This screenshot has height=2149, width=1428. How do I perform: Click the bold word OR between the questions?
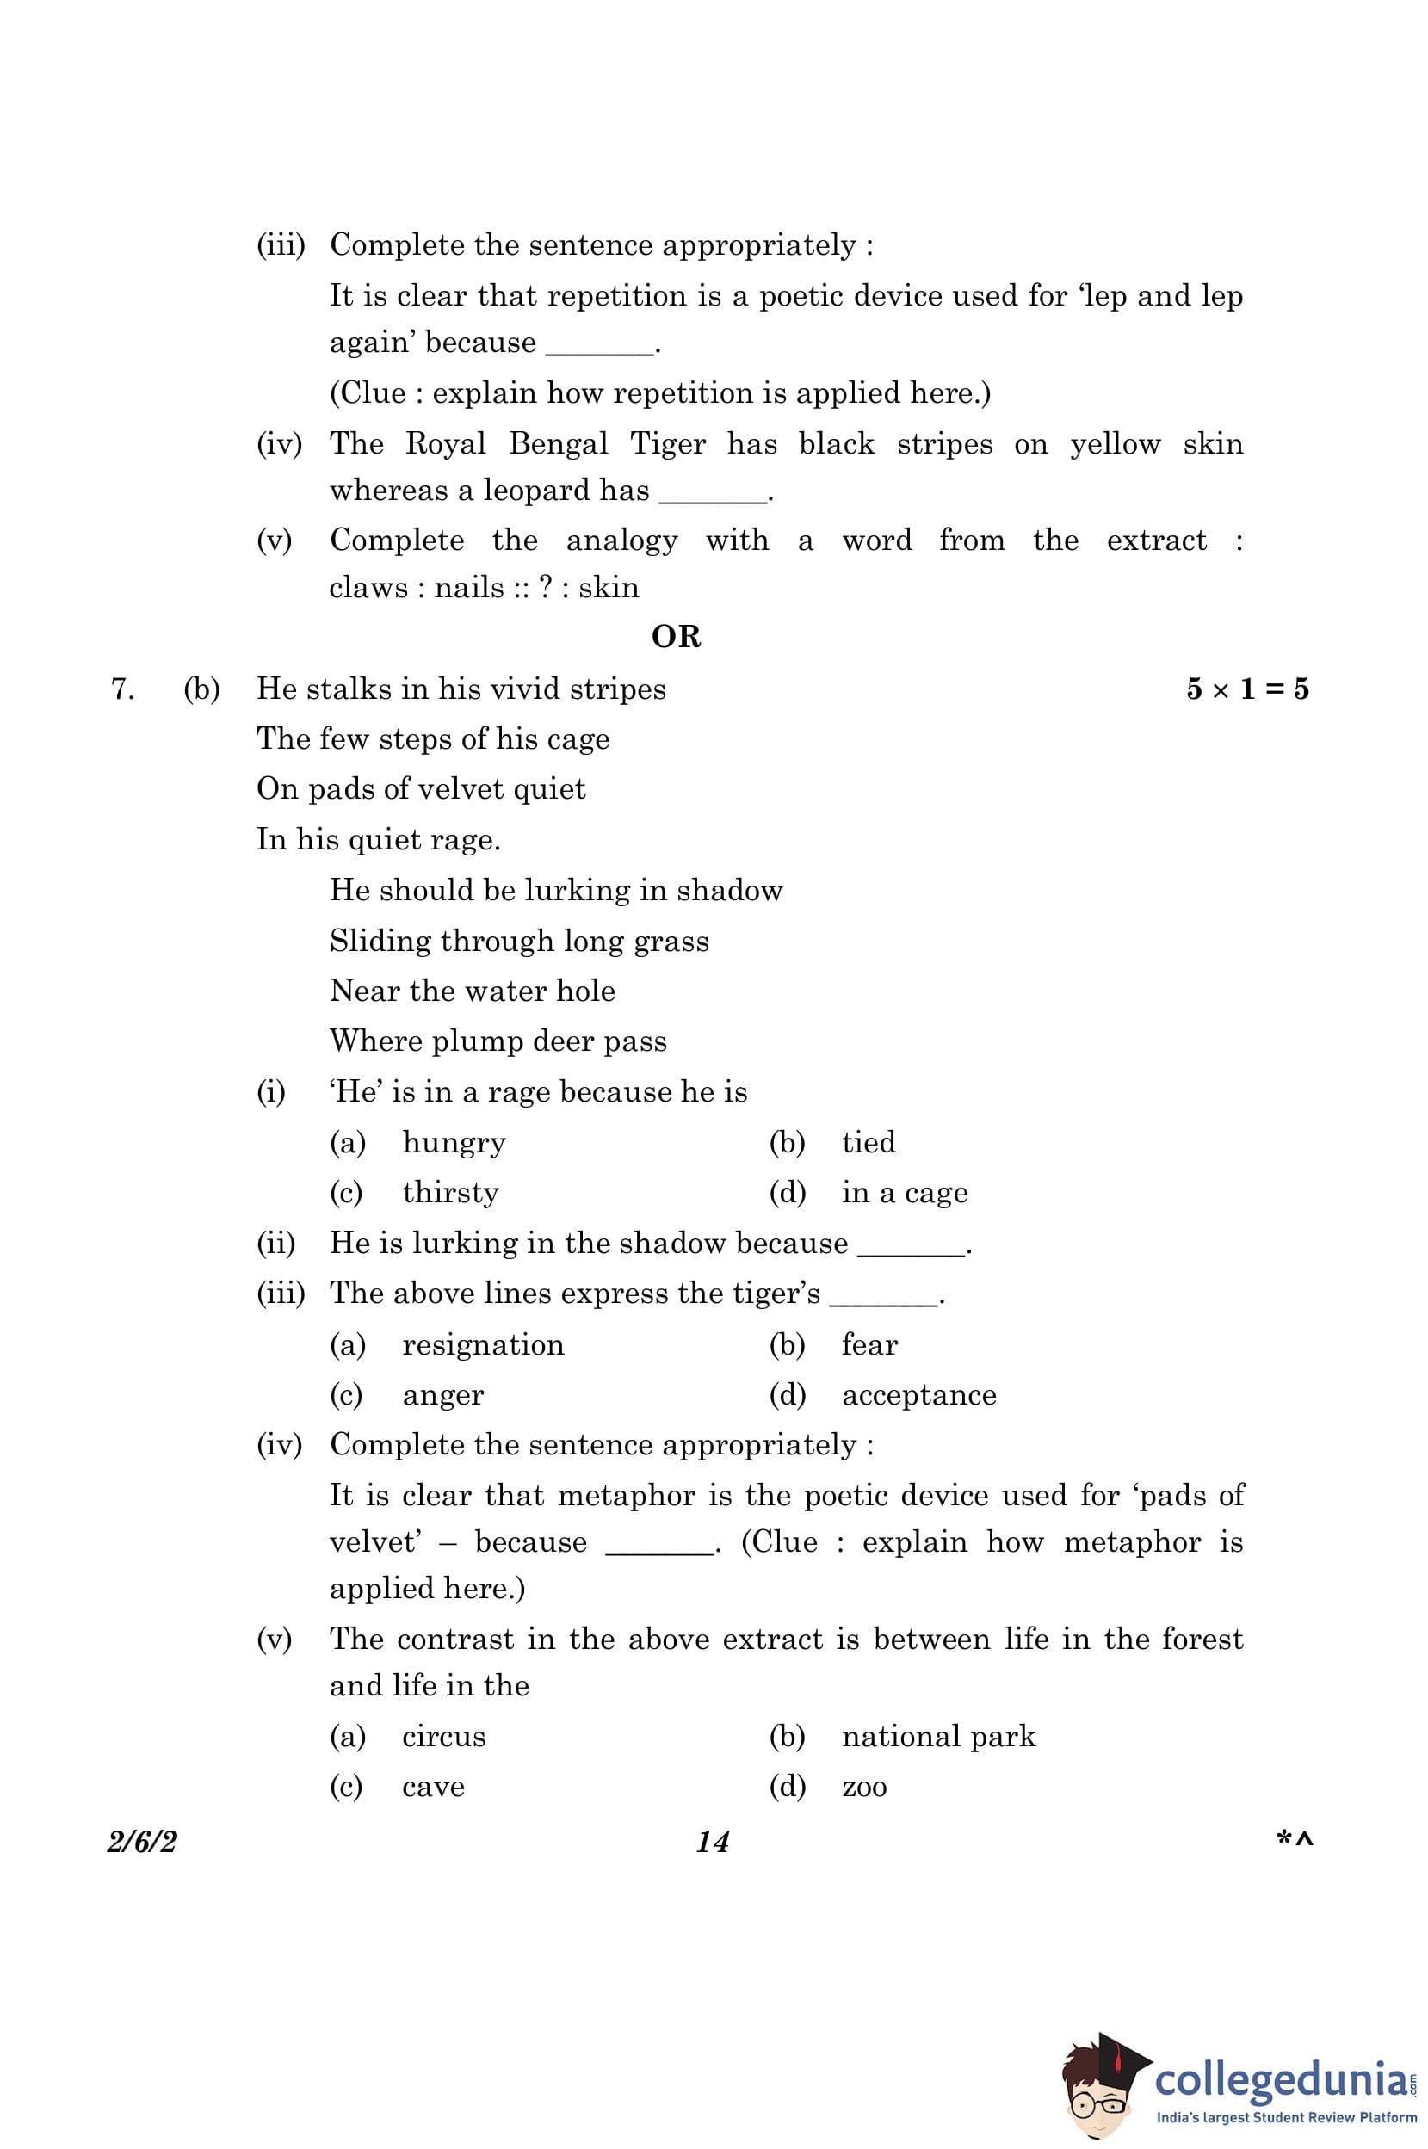[x=676, y=637]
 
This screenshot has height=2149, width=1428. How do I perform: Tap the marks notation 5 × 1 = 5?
[x=1246, y=689]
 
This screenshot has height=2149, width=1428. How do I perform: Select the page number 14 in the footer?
[x=712, y=1841]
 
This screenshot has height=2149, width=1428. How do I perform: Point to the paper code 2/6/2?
[x=142, y=1841]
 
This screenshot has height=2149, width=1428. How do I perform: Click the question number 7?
[x=122, y=689]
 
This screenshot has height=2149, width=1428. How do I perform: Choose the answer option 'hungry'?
[x=454, y=1143]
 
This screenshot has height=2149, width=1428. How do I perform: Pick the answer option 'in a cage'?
[x=905, y=1193]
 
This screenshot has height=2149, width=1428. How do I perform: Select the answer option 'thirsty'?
[x=451, y=1193]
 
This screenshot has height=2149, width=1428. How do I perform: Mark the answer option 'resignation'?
[x=483, y=1345]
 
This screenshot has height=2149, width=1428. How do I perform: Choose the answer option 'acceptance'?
[x=919, y=1395]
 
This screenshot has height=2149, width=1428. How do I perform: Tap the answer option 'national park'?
[x=938, y=1737]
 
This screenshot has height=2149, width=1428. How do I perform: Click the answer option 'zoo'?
[x=864, y=1787]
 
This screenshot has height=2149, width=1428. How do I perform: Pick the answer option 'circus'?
[x=443, y=1737]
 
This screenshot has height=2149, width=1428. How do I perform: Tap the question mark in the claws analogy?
[x=546, y=587]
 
